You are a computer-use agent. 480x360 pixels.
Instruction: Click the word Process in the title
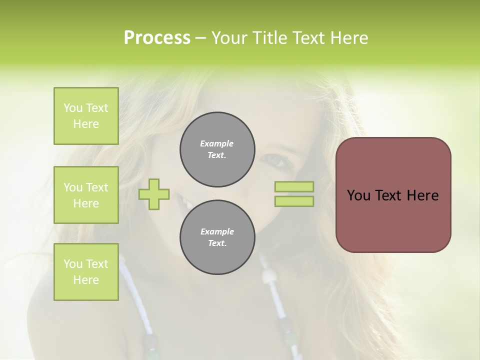(157, 38)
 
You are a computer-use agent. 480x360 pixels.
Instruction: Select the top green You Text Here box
(86, 116)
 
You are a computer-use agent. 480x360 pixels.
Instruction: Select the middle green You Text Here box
(86, 195)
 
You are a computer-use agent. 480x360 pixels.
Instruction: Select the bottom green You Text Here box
(86, 272)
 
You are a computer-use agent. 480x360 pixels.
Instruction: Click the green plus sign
(154, 194)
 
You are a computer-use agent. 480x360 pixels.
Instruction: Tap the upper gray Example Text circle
(217, 149)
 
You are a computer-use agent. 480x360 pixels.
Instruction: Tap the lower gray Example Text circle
(217, 237)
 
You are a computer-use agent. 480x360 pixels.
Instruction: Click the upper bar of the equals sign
(294, 186)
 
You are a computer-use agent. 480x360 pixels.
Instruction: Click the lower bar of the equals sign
(294, 201)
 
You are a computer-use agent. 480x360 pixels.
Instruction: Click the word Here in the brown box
(422, 195)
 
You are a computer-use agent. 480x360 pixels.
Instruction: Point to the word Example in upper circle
(216, 143)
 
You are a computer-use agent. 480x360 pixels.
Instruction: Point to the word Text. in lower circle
(217, 243)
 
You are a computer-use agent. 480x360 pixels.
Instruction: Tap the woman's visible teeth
(185, 204)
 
